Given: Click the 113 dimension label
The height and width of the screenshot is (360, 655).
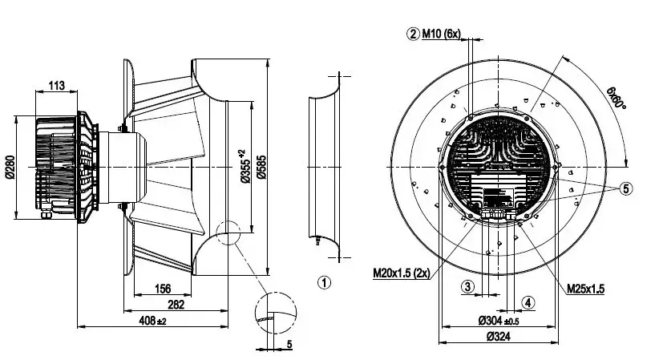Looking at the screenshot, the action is (x=56, y=86).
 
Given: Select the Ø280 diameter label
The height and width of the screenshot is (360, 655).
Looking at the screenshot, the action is (x=10, y=167).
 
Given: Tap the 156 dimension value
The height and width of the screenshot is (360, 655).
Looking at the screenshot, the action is (x=163, y=289).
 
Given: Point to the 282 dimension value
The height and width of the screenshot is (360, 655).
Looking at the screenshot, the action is (x=176, y=305).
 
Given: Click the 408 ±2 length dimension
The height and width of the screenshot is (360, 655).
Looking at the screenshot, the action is (x=152, y=321).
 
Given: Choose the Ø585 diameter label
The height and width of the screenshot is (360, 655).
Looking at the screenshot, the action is (x=261, y=167).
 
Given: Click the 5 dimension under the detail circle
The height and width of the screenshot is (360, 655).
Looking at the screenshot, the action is (x=289, y=345).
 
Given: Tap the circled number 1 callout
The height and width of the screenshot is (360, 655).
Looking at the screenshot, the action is (x=324, y=283).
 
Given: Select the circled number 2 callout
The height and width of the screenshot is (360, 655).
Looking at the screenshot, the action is (x=413, y=34).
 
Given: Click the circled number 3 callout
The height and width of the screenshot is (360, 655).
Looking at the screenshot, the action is (x=468, y=287).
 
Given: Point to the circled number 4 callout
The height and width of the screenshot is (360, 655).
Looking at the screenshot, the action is (x=528, y=302).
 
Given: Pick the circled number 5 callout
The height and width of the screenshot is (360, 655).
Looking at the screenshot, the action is (x=626, y=188).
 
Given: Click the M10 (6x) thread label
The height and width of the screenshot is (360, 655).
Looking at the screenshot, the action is (x=441, y=34).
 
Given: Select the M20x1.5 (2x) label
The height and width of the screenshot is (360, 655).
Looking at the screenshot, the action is (x=402, y=273).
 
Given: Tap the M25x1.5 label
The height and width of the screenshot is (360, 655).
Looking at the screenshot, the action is (x=586, y=289).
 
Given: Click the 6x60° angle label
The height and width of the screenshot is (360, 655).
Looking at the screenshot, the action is (x=617, y=98).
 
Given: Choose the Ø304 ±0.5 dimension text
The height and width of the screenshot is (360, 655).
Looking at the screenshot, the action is (x=499, y=321).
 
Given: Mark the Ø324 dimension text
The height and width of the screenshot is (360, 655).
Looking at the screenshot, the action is (x=499, y=336).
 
